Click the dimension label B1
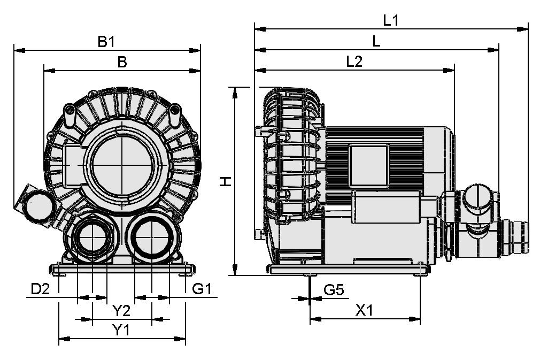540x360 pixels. [x=106, y=41]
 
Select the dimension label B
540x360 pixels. [x=122, y=62]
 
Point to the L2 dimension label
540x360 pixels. [x=354, y=62]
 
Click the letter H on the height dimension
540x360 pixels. [x=226, y=182]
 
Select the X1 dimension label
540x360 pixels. [x=364, y=310]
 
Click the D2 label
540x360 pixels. [x=40, y=289]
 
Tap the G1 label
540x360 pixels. [x=203, y=289]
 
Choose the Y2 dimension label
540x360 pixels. [x=121, y=310]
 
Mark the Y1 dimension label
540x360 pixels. [x=121, y=330]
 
